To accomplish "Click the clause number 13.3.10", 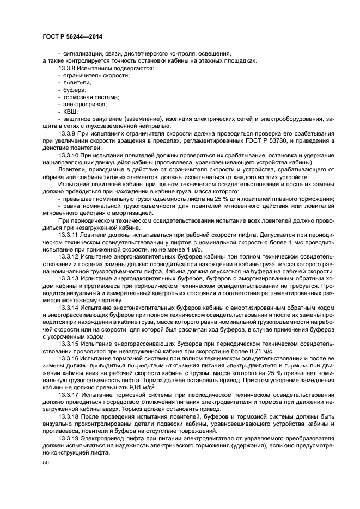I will click(x=69, y=155).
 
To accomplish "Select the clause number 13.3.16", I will click(x=69, y=359).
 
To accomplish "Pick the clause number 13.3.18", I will click(x=69, y=416).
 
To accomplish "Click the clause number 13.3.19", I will click(x=69, y=439).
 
